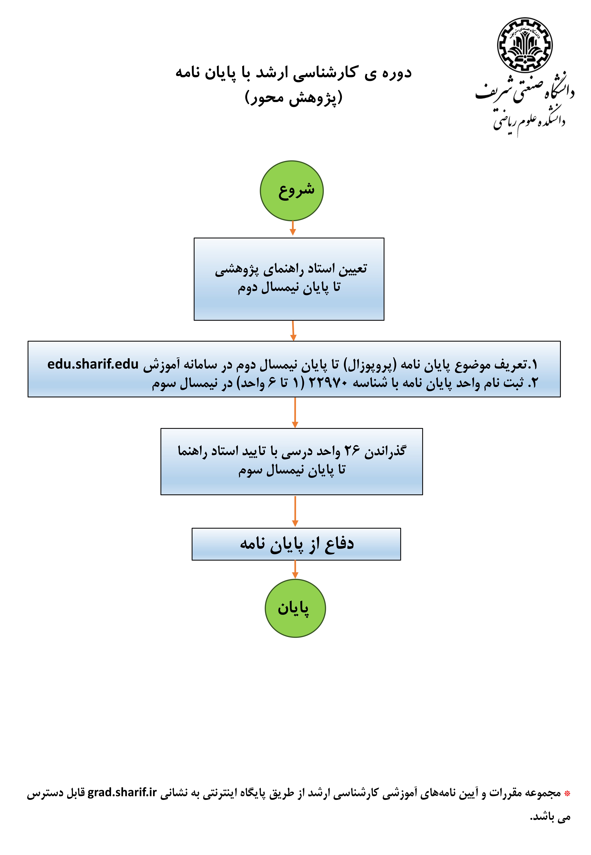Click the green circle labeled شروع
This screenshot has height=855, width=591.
point(292,191)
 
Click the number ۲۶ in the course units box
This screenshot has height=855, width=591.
point(352,451)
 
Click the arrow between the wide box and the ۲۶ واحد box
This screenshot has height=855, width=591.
point(295,412)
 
